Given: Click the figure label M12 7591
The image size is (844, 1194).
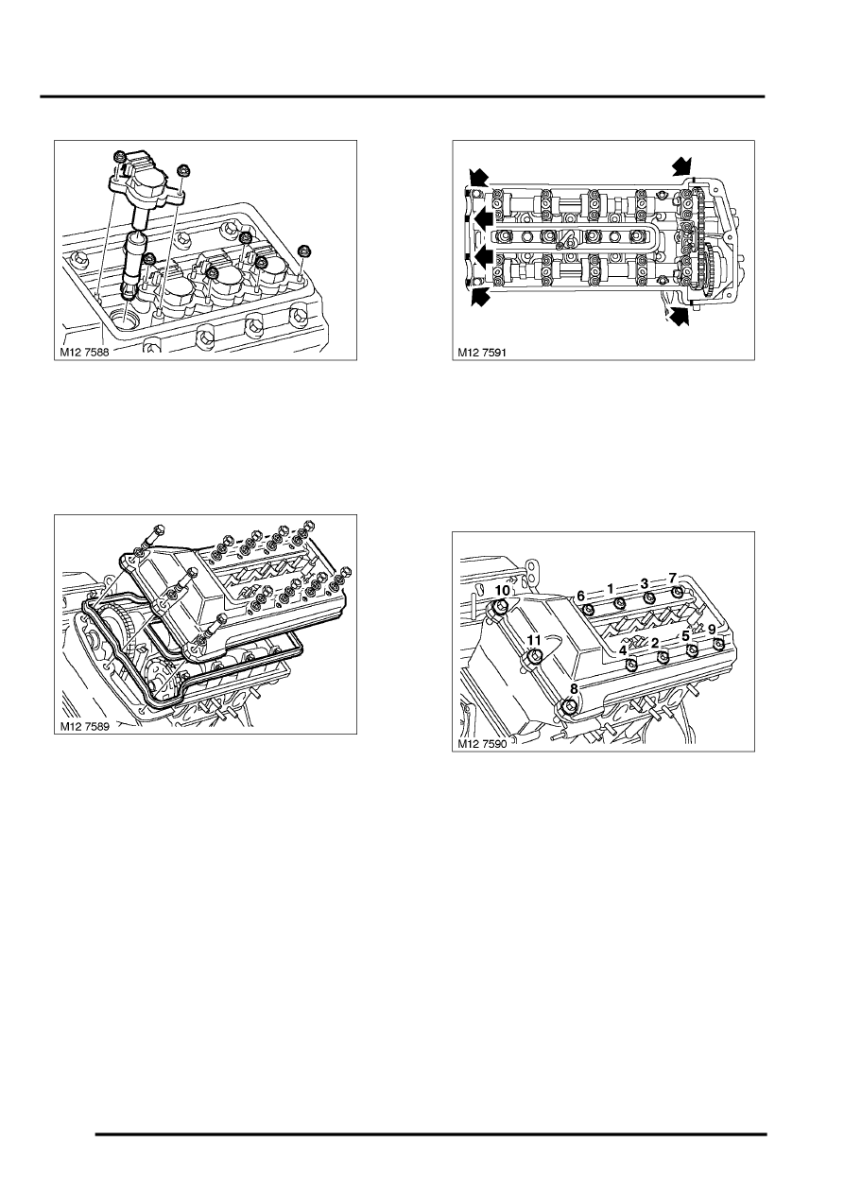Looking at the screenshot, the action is tap(483, 353).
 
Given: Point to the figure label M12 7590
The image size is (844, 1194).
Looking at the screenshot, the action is tap(483, 744).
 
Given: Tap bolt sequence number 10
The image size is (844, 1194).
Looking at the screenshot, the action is tap(503, 591).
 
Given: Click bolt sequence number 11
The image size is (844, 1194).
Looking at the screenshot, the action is tap(534, 640).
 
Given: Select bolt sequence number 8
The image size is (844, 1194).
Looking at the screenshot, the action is tap(574, 689).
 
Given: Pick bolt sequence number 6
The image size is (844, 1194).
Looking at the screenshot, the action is tap(581, 596).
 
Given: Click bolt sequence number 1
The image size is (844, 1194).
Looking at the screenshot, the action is tap(611, 588).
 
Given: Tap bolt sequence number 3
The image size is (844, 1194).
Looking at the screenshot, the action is tap(645, 583).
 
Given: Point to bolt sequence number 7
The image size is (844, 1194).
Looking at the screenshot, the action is tap(672, 578).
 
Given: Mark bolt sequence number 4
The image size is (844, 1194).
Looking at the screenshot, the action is tap(622, 650).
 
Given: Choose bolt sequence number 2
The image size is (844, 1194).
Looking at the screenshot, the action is tap(655, 644).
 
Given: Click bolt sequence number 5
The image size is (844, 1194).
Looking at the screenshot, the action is tap(686, 636).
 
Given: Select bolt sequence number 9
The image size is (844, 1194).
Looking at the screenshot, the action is tap(713, 630).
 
